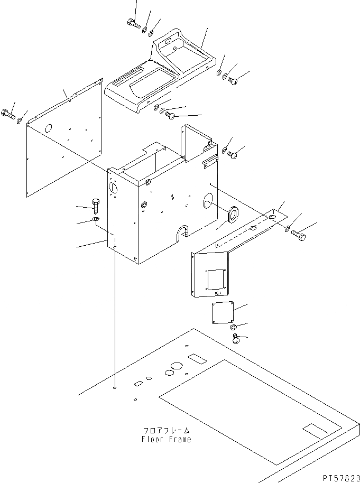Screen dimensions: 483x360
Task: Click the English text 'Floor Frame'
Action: (166, 439)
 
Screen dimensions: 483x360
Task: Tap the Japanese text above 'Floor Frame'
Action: (166, 431)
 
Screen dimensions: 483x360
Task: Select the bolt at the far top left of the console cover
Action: (133, 23)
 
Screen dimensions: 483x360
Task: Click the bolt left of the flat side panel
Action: (8, 113)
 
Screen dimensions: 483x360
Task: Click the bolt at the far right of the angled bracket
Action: (298, 235)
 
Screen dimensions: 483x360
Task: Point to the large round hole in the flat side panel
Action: (48, 128)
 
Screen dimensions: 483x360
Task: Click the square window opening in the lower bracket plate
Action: (216, 279)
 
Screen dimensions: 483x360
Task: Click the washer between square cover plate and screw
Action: (233, 327)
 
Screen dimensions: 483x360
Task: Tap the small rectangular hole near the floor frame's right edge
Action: (311, 429)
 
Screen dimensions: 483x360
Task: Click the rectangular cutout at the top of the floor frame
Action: (197, 359)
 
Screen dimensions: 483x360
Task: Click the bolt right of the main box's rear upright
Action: (233, 155)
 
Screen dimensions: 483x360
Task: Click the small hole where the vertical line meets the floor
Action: (114, 388)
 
